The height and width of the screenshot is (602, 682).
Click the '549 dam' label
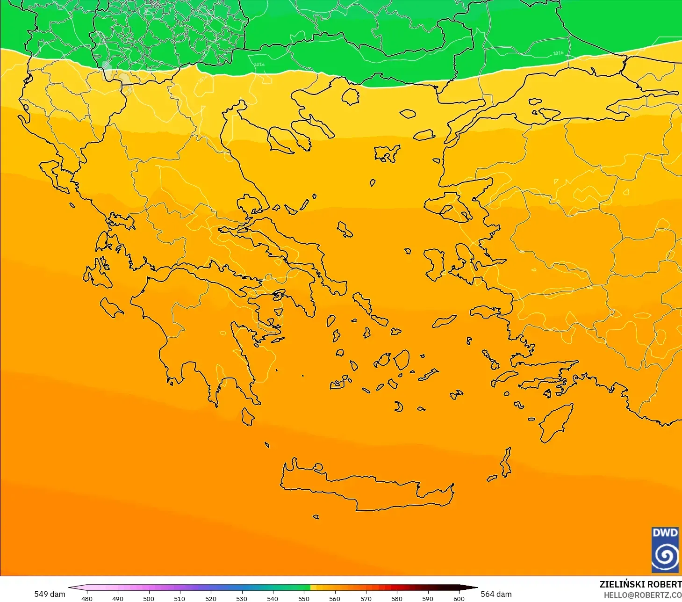(x=50, y=594)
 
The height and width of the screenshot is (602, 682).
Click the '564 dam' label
(x=496, y=594)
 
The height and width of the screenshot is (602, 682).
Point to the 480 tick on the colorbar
(x=87, y=598)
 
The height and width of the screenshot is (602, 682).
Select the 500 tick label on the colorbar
(x=149, y=598)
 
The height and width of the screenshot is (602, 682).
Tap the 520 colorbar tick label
(x=211, y=598)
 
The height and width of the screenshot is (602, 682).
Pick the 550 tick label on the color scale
(x=304, y=598)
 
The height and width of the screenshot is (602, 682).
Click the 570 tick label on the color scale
(x=366, y=598)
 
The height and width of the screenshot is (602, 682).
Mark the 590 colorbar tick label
(x=428, y=598)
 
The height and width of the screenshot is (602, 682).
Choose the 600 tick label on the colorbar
(x=459, y=598)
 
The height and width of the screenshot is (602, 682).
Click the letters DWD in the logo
(x=665, y=533)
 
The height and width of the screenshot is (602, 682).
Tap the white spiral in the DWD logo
(x=665, y=556)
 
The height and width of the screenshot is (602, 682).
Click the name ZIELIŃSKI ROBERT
(x=640, y=584)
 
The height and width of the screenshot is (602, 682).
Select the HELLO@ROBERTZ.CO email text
(x=643, y=595)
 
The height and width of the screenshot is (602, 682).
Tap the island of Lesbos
(x=449, y=206)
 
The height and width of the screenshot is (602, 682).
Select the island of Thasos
(x=351, y=96)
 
